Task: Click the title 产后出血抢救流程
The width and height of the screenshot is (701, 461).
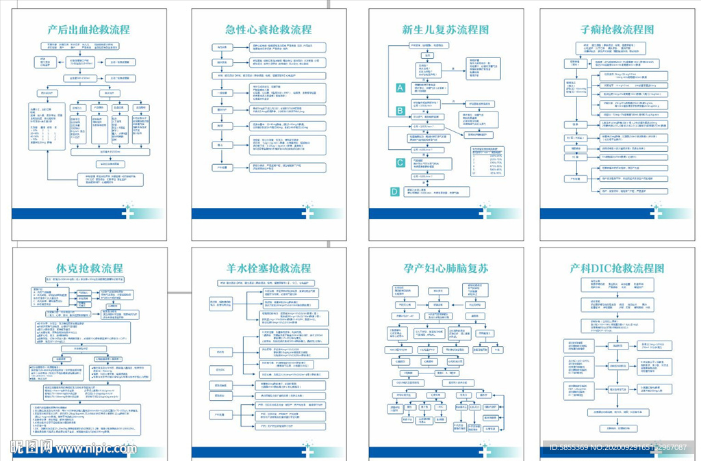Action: point(88,30)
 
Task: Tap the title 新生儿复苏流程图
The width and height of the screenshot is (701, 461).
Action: point(445,30)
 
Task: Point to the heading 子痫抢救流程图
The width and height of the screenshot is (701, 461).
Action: point(617,30)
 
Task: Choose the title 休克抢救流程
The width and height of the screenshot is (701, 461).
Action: point(88,268)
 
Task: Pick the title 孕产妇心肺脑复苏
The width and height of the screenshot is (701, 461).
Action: point(445,268)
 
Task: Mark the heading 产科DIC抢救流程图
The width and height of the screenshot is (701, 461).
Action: point(617,268)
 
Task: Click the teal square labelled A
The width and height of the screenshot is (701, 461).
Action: point(400,88)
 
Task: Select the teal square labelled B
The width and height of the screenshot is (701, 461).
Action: point(400,110)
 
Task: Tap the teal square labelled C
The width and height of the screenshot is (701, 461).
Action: point(400,162)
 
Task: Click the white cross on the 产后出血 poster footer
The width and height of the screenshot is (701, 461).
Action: point(129,212)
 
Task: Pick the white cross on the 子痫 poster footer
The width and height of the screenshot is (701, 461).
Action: point(656,212)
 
